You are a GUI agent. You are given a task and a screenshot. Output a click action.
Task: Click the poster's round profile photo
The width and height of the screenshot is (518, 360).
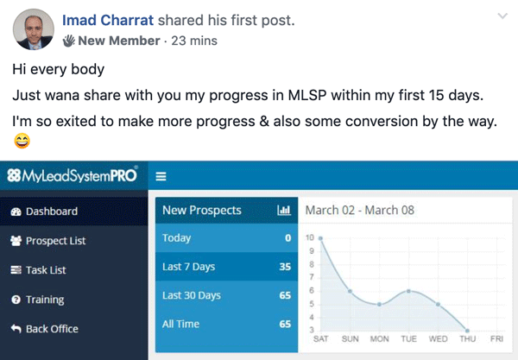(x=34, y=29)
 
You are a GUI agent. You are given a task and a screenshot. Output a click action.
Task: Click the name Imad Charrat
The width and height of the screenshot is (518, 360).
(x=108, y=20)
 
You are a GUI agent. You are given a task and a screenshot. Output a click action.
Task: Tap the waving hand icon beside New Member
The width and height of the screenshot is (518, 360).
(x=69, y=41)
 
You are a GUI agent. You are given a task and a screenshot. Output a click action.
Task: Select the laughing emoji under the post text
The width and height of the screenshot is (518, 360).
(x=22, y=141)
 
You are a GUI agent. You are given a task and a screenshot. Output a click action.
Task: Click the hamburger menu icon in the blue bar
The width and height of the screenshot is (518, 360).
(x=161, y=176)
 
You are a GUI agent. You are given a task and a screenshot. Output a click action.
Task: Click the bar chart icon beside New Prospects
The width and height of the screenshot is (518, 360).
(x=284, y=210)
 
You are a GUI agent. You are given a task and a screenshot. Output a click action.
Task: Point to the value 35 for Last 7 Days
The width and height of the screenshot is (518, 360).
(x=285, y=267)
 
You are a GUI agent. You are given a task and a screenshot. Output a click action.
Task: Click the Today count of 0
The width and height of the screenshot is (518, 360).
(x=288, y=237)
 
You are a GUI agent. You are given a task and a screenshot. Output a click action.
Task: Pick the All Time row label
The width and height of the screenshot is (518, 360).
(x=180, y=324)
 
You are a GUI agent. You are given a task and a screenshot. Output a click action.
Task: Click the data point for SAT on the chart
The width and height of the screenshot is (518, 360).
(x=320, y=238)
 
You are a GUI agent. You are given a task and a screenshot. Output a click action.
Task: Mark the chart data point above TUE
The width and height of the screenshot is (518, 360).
(x=408, y=291)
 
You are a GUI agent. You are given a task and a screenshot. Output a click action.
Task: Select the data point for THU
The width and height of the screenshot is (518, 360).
(x=467, y=331)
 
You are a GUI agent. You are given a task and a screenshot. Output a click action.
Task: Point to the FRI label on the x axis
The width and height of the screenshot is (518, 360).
(x=497, y=339)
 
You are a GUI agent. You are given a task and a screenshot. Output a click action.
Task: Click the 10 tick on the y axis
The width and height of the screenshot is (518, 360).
(x=310, y=237)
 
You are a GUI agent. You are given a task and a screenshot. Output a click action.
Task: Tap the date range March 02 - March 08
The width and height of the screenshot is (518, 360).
(x=360, y=210)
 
